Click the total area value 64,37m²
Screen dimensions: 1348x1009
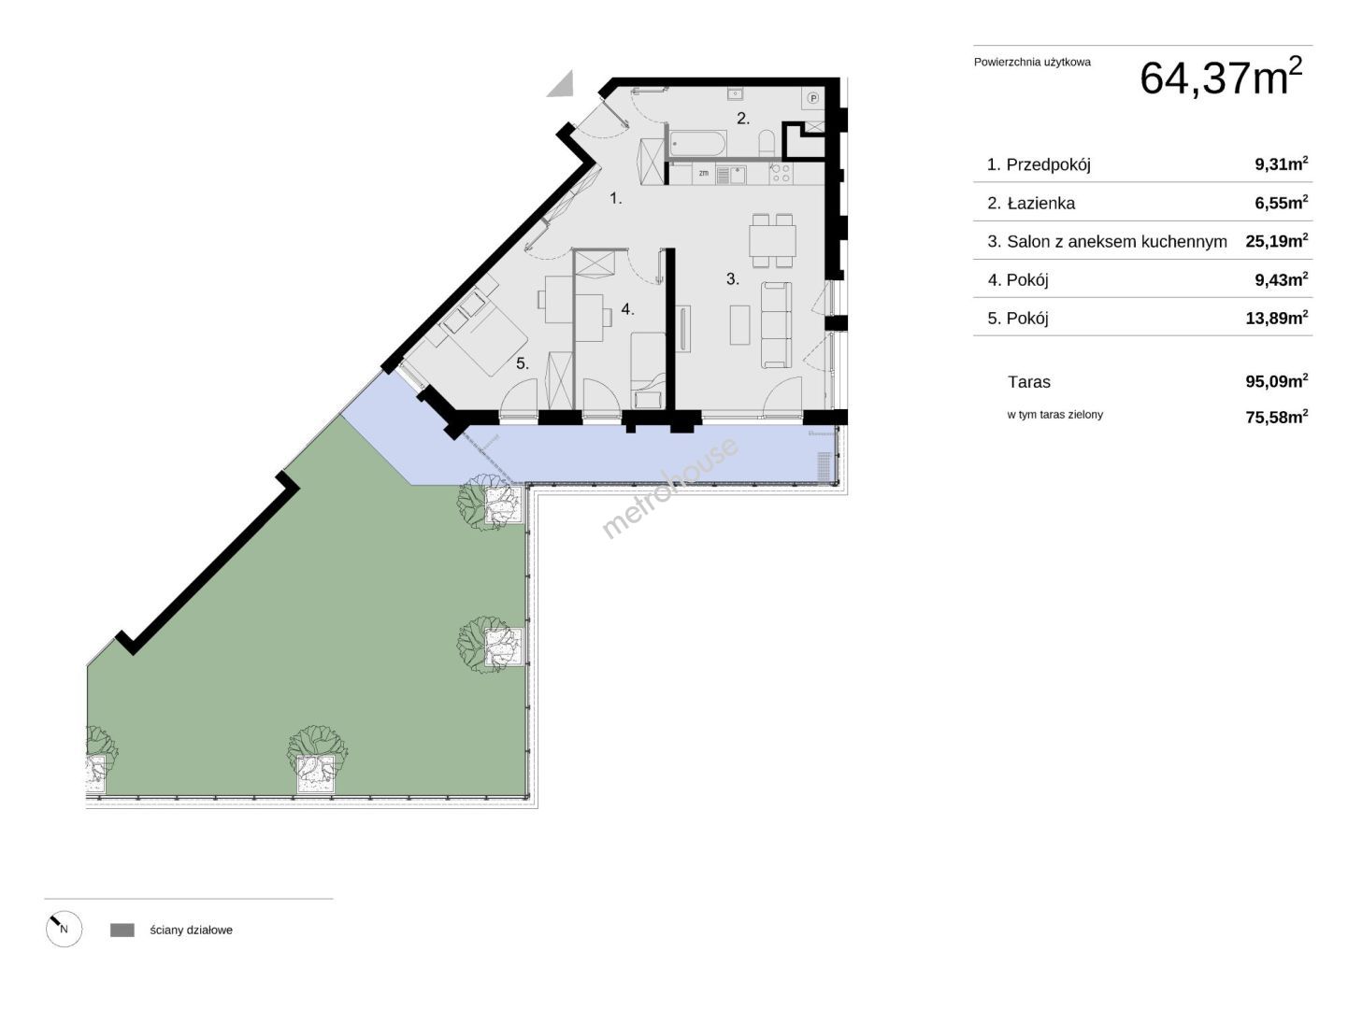click(x=1220, y=77)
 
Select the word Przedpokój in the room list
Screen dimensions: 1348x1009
click(x=1048, y=164)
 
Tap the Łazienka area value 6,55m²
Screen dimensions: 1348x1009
click(x=1281, y=203)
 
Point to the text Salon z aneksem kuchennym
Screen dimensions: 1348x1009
click(x=1116, y=242)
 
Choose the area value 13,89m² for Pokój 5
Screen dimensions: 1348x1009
click(x=1277, y=318)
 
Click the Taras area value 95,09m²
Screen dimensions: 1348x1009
click(x=1277, y=381)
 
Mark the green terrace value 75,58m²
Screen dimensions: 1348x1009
click(x=1277, y=417)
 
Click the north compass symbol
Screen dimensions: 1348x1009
click(x=64, y=929)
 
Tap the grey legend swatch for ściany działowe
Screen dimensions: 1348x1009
click(x=122, y=931)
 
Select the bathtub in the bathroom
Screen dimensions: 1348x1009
click(x=698, y=144)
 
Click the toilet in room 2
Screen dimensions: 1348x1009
click(x=767, y=143)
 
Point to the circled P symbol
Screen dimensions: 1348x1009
click(x=813, y=98)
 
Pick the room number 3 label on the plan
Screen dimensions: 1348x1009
click(x=732, y=279)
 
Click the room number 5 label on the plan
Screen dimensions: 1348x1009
click(x=522, y=364)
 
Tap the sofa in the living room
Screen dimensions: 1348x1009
click(x=776, y=325)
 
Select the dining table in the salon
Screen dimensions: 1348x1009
click(x=772, y=241)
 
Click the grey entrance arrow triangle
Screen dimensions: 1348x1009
click(x=561, y=84)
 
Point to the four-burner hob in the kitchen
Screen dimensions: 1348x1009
click(x=781, y=174)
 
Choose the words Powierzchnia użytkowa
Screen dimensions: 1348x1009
click(x=1032, y=62)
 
